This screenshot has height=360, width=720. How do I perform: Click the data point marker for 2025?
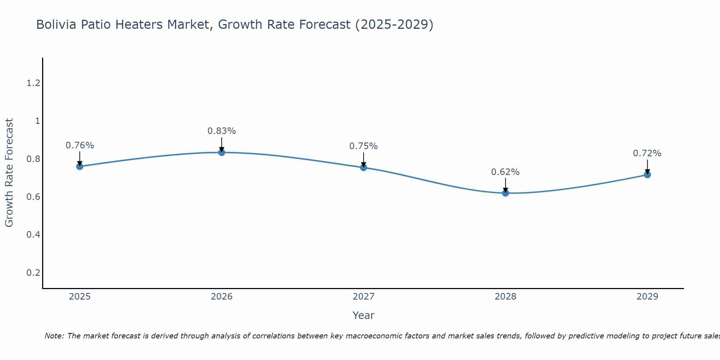pos(80,166)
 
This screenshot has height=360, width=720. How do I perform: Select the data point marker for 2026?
pos(221,152)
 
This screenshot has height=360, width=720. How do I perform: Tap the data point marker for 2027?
pos(363,167)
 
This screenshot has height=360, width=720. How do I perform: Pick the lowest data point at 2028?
pos(505,193)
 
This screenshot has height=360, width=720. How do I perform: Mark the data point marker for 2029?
pos(647,175)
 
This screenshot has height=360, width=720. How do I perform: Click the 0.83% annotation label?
pos(221,131)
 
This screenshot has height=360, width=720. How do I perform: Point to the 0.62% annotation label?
pos(505,172)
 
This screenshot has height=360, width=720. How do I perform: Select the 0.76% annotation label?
pos(80,145)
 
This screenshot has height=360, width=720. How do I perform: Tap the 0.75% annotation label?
pos(363,146)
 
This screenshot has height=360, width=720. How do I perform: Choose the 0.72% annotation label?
pos(647,153)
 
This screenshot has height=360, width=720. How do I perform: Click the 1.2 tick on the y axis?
pos(33,83)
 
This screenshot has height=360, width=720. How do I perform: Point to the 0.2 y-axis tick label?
pos(33,273)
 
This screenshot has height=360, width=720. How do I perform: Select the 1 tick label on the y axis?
pos(37,121)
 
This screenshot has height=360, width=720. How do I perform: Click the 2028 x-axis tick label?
pos(505,297)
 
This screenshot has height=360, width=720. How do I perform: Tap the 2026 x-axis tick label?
pos(221,297)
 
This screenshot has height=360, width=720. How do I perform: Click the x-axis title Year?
pos(363,315)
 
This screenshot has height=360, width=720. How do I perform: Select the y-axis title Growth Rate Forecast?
pos(9,173)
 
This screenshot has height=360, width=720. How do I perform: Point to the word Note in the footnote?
pos(54,336)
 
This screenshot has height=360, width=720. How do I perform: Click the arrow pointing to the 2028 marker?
pos(505,184)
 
